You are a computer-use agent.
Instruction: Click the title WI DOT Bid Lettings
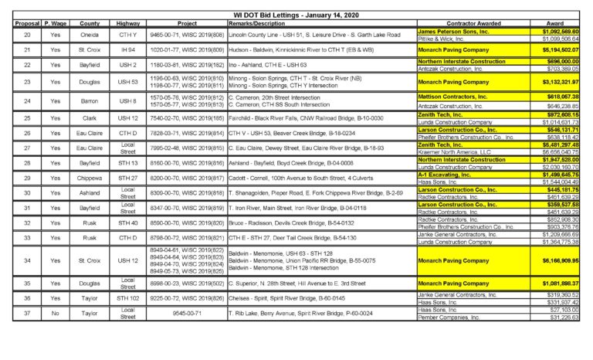tap(296, 15)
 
